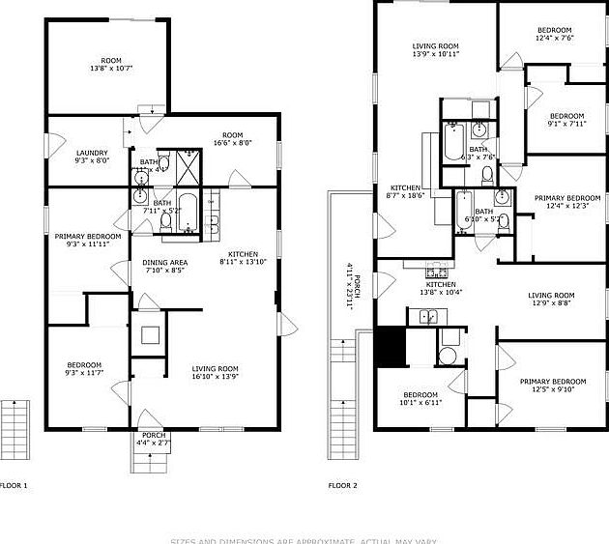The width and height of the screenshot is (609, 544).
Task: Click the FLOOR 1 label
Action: pyautogui.click(x=14, y=485)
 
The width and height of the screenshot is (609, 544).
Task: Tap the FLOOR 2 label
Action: pyautogui.click(x=342, y=485)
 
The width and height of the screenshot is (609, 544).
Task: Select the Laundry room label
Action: pyautogui.click(x=92, y=157)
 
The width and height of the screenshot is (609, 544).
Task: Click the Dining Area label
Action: pyautogui.click(x=164, y=267)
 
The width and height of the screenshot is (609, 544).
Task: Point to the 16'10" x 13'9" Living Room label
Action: pyautogui.click(x=215, y=373)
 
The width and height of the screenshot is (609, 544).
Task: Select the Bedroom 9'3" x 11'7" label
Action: pyautogui.click(x=83, y=369)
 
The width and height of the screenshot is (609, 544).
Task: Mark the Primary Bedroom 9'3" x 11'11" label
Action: pyautogui.click(x=88, y=241)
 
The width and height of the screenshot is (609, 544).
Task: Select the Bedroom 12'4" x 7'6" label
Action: pyautogui.click(x=555, y=35)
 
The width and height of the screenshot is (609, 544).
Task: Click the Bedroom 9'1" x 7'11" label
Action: pyautogui.click(x=566, y=120)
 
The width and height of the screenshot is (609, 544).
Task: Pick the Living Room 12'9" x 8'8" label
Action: pyautogui.click(x=551, y=300)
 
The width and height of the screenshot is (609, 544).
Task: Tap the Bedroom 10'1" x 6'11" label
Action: pyautogui.click(x=420, y=399)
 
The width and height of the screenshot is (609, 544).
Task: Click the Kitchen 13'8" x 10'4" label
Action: pyautogui.click(x=441, y=289)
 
